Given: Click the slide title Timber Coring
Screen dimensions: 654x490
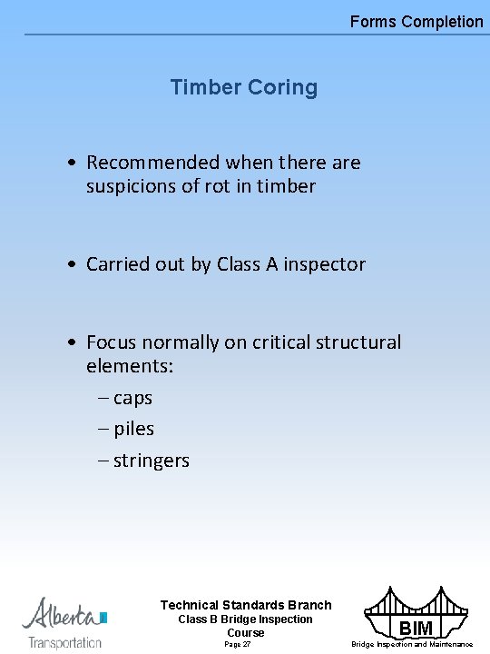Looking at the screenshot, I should click(244, 88).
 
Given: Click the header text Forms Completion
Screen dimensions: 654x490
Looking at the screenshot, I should click(416, 21).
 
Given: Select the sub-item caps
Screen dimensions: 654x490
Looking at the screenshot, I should click(132, 399).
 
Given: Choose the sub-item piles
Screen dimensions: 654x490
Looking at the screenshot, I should click(133, 429).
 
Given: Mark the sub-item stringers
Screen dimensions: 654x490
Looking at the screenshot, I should click(151, 461).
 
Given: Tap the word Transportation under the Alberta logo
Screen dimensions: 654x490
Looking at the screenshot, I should click(64, 642).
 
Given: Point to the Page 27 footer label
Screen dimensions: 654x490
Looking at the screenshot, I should click(237, 644).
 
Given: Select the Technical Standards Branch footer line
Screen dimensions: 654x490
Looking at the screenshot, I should click(246, 605).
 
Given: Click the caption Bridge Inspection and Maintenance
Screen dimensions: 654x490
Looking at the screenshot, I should click(412, 645).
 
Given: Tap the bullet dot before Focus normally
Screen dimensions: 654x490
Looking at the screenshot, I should click(71, 342).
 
